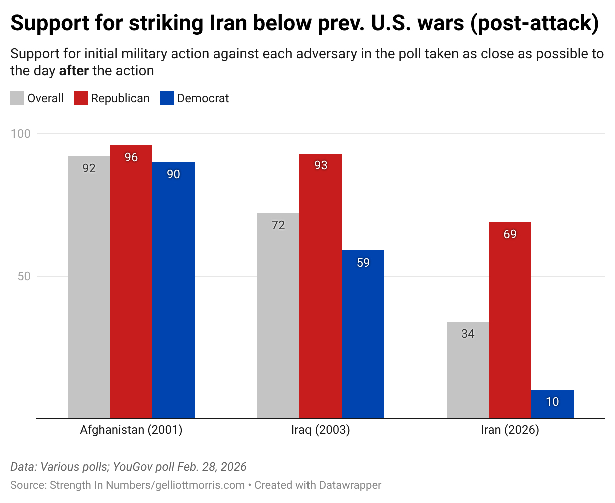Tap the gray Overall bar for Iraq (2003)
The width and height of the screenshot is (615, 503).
pos(278,316)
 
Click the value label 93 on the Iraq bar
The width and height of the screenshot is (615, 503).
pos(321,165)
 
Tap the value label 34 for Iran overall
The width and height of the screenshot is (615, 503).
pos(468,334)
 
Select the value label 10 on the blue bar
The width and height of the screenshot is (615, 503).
pos(552,402)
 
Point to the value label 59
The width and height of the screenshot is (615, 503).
pos(363,263)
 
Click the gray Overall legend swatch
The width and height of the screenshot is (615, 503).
pos(17,98)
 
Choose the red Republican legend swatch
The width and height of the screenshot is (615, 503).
pos(81,98)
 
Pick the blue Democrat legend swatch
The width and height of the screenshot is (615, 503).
pos(167,98)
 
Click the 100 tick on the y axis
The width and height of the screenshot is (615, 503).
pos(21,134)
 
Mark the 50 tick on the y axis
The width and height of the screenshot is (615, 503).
pos(24,276)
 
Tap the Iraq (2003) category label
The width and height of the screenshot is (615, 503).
pos(321,430)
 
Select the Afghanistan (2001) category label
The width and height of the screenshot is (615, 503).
pos(131,430)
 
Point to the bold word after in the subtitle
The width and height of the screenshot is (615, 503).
pos(74,71)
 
